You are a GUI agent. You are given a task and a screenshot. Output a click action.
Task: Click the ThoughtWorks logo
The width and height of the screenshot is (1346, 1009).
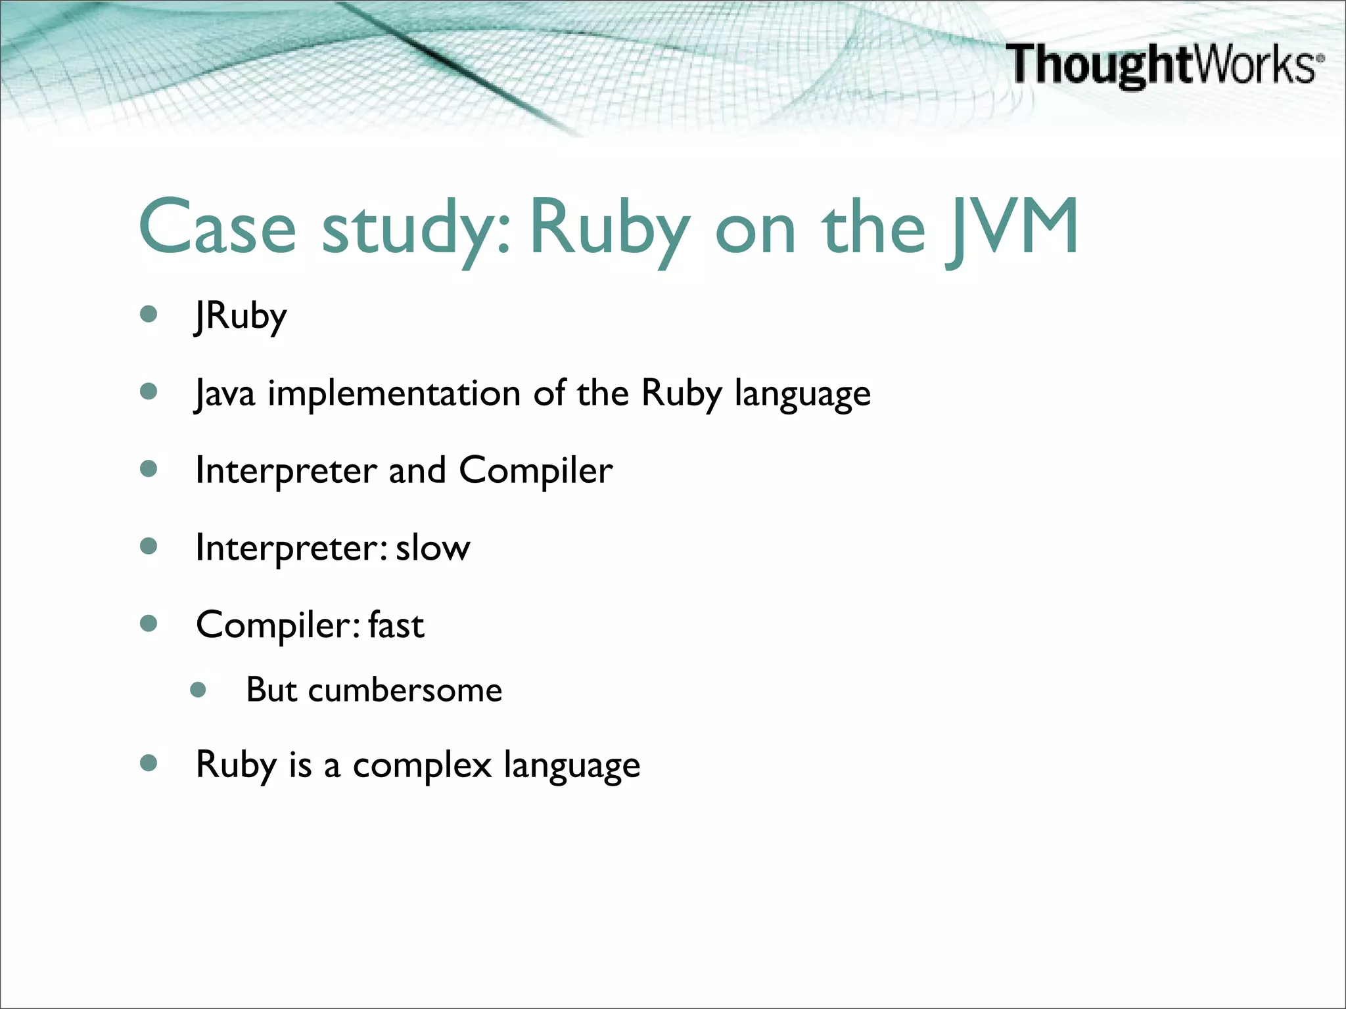(x=1163, y=64)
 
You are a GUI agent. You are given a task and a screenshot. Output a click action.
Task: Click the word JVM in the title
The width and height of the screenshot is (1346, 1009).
(x=1012, y=227)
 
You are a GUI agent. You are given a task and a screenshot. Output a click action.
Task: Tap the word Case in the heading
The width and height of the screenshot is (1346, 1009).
(x=218, y=227)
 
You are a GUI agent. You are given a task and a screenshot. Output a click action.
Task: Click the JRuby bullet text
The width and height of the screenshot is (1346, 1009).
(x=241, y=317)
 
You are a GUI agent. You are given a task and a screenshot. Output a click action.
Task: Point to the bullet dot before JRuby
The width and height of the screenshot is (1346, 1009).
(x=149, y=314)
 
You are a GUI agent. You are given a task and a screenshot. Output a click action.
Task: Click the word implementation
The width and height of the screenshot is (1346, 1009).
(x=394, y=393)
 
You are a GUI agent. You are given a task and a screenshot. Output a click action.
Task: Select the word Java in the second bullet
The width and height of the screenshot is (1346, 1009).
(x=225, y=393)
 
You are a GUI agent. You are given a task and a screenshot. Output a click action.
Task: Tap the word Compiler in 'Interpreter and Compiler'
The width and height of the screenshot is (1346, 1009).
(x=535, y=471)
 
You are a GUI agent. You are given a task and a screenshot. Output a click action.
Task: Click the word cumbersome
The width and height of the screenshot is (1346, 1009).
(x=405, y=690)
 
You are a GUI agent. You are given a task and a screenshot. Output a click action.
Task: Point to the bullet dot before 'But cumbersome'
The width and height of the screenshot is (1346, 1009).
(x=198, y=690)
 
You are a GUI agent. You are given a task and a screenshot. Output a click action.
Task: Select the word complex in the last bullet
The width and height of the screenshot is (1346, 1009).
(x=422, y=765)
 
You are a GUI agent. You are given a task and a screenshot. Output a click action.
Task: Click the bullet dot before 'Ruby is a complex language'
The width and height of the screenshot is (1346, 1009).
(x=149, y=763)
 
